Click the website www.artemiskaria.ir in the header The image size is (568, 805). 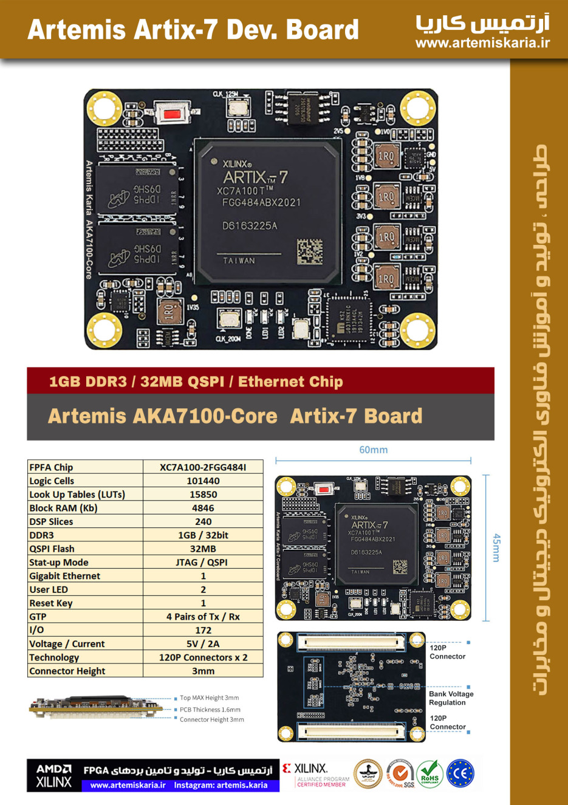[x=482, y=43]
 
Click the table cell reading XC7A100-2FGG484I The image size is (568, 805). [x=203, y=467]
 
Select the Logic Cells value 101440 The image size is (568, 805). [x=203, y=481]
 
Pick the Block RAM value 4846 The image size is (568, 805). [x=203, y=508]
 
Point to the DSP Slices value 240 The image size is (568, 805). [x=203, y=521]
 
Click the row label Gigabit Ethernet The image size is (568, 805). [x=65, y=576]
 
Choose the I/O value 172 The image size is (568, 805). [x=203, y=630]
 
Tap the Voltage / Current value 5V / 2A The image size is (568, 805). [x=203, y=644]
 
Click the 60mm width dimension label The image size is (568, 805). [x=373, y=450]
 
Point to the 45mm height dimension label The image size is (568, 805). [x=496, y=548]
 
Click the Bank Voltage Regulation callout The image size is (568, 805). [x=451, y=698]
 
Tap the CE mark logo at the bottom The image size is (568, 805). [x=460, y=773]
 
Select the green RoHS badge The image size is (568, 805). [x=429, y=773]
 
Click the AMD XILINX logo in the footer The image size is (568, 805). [x=53, y=776]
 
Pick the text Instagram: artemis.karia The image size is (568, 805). [x=221, y=785]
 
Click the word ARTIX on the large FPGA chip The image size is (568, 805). [x=245, y=177]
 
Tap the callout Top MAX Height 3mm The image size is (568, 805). [x=209, y=698]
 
